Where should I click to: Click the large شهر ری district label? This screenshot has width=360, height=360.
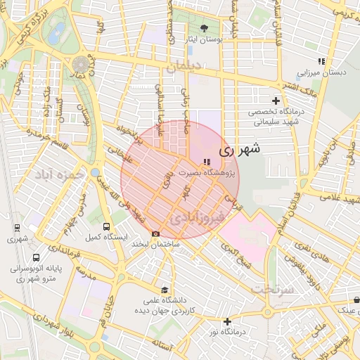pos(240,149)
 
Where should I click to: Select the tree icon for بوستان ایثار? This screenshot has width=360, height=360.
pos(204,28)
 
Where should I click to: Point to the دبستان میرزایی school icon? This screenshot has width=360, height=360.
pos(321,61)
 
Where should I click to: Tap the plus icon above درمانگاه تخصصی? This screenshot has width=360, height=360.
pos(275,99)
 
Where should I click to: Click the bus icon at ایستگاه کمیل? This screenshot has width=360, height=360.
pos(106,226)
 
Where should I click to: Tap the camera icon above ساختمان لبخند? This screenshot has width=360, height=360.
pos(156,233)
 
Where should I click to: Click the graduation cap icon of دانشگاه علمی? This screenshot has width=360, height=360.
pos(165,289)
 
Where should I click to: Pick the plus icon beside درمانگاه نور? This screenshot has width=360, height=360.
pos(227,321)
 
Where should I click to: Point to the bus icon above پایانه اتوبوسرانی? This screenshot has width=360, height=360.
pos(36,257)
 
